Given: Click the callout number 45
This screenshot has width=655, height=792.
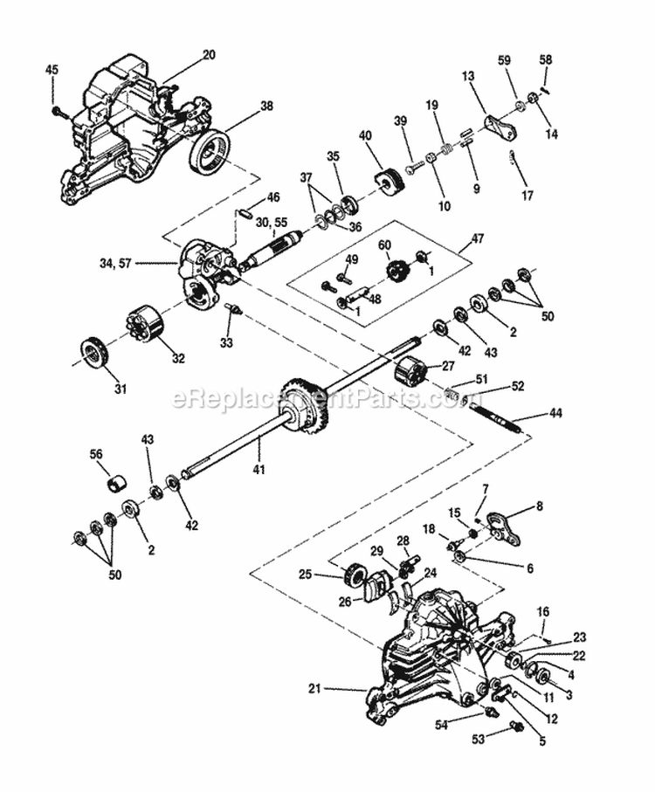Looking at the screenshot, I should (52, 70).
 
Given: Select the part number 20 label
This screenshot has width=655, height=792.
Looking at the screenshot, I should (208, 54).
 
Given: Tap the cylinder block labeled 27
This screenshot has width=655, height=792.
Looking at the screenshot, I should (409, 374).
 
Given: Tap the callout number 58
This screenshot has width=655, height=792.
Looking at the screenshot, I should (546, 59).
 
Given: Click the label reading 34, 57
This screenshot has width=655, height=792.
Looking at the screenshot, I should (141, 261).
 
